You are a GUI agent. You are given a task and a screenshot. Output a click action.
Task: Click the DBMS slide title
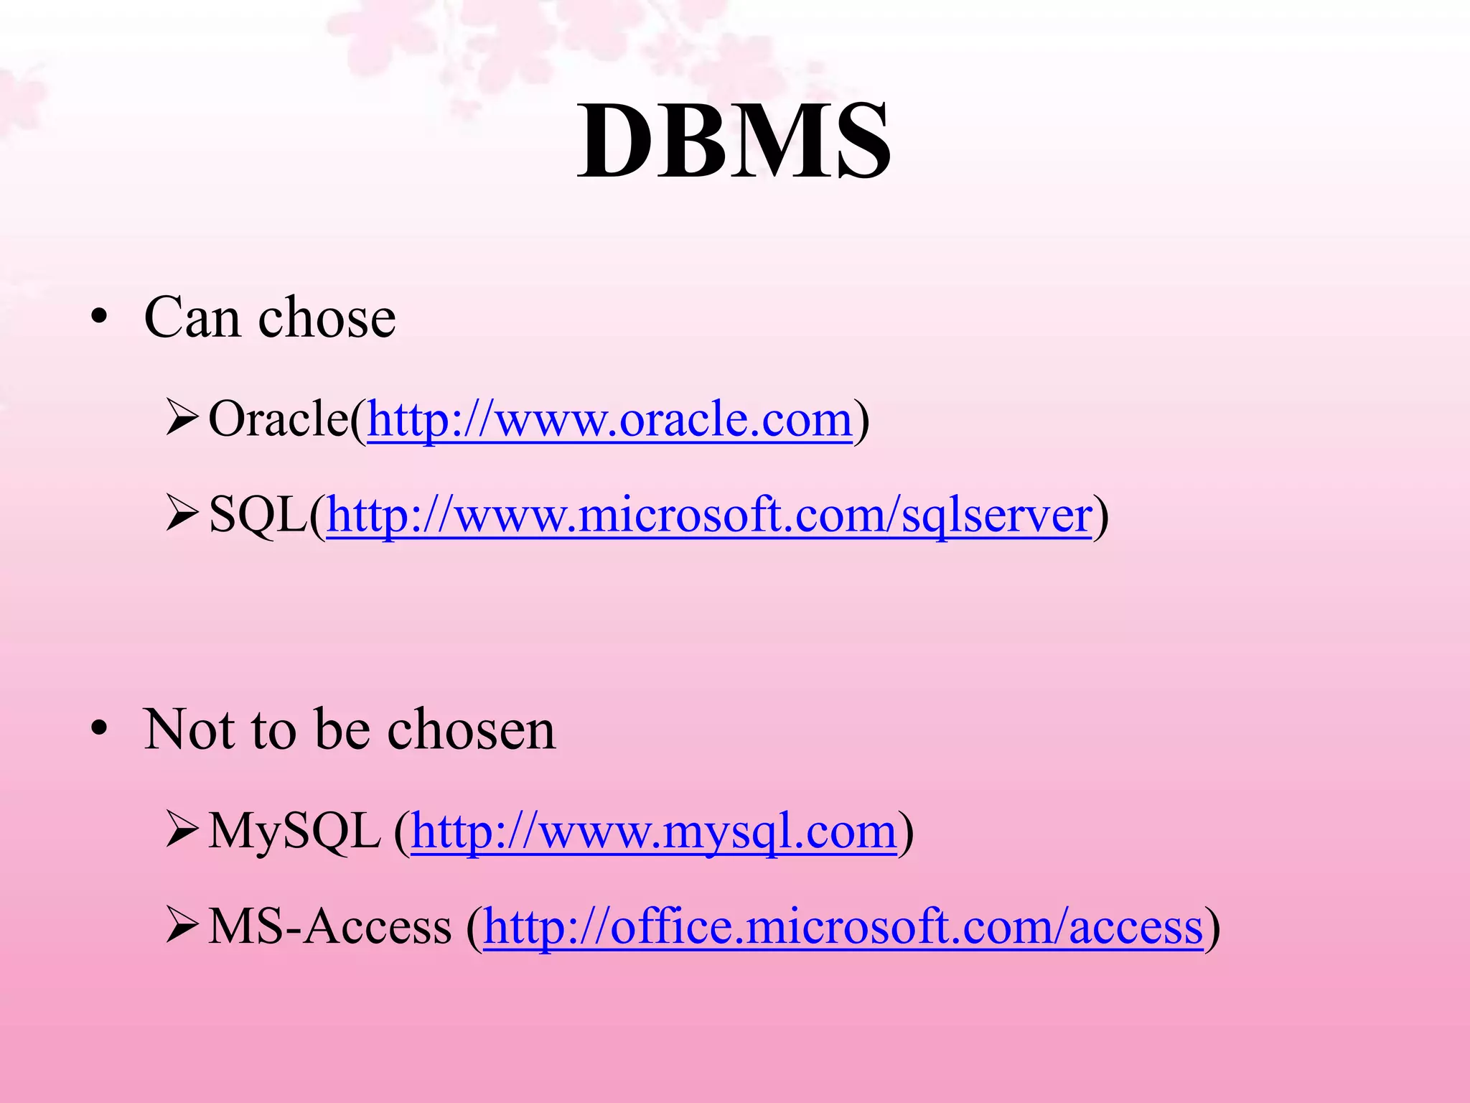tap(734, 141)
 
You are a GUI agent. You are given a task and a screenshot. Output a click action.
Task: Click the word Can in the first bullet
tap(192, 317)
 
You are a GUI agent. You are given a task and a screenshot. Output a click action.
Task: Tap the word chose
tap(327, 317)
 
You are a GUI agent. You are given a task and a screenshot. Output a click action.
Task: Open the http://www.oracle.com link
tap(609, 419)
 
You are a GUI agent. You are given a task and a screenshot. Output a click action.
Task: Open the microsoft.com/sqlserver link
tap(709, 516)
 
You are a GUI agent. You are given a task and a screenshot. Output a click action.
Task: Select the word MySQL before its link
tap(294, 832)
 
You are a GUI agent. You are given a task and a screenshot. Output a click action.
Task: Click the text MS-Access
tap(330, 926)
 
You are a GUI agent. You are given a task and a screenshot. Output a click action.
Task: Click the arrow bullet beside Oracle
tap(182, 419)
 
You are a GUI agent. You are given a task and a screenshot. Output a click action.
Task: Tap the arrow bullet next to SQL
tap(182, 516)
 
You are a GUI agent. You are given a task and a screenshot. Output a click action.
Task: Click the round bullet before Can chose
tap(99, 317)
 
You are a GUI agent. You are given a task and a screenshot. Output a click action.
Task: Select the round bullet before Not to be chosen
tap(99, 730)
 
